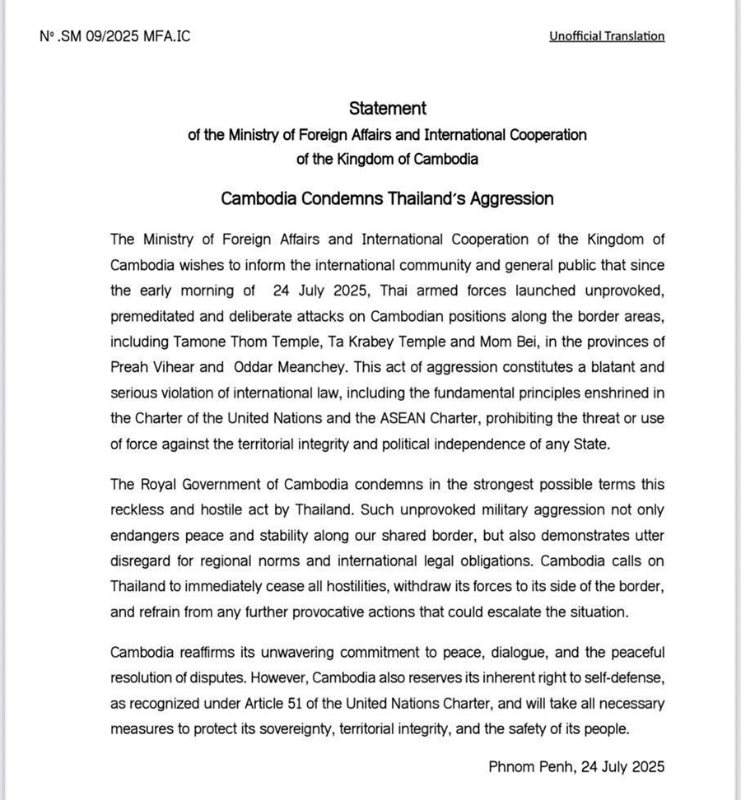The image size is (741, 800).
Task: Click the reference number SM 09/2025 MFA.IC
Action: (x=114, y=36)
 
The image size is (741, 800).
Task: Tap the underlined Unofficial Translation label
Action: (x=607, y=36)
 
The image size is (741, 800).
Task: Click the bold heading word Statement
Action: (x=388, y=108)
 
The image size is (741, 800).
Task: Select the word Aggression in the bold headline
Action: (x=510, y=198)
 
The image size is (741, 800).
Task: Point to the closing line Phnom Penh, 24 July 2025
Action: (x=576, y=766)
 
